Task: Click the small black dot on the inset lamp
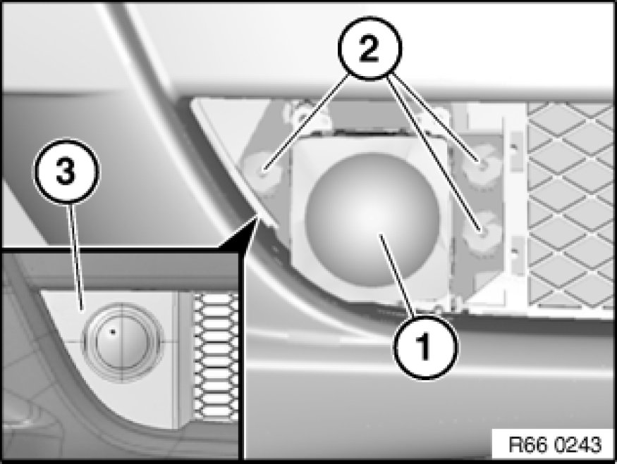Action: tap(111, 330)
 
